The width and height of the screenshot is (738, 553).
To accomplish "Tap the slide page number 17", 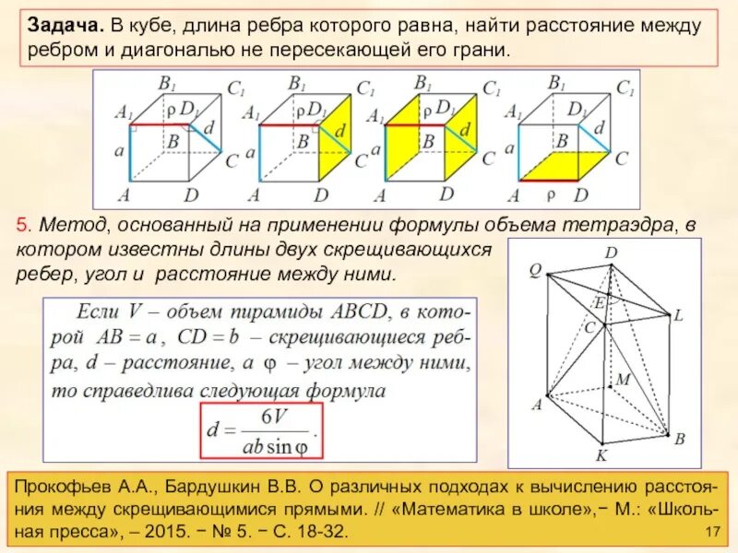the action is [710, 534].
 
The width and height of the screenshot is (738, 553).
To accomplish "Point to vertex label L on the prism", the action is [677, 315].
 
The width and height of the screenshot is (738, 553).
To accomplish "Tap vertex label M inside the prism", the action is [623, 379].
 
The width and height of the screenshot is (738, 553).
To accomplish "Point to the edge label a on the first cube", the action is [119, 148].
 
